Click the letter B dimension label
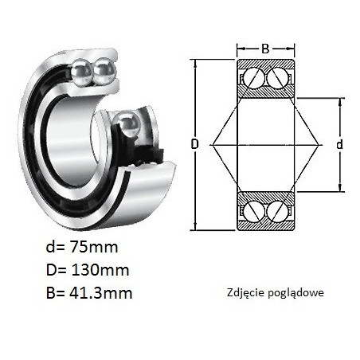pos(265,49)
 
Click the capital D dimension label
pos(195,144)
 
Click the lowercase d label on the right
pos(339,145)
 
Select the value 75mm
pos(93,247)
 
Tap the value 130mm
pos(100,270)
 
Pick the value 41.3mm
pos(100,293)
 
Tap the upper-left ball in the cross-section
pos(254,78)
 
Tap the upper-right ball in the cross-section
pos(277,78)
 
